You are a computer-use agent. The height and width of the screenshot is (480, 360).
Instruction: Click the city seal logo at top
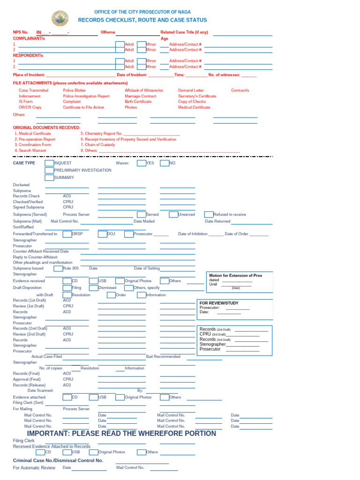click(x=60, y=19)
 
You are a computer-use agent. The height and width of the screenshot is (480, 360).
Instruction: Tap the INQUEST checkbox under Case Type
click(x=49, y=163)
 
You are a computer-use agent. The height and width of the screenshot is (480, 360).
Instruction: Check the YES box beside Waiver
click(x=141, y=163)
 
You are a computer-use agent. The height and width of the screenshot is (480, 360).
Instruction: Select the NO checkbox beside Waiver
click(x=164, y=163)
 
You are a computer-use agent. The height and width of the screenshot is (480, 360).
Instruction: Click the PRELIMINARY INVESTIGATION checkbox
click(x=49, y=170)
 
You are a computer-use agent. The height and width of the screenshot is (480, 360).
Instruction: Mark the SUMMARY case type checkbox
click(x=49, y=178)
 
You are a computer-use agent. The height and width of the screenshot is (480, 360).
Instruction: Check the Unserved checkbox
click(x=173, y=214)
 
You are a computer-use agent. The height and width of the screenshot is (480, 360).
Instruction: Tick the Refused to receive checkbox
click(x=209, y=214)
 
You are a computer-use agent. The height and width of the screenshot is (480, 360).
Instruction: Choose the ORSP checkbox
click(x=67, y=233)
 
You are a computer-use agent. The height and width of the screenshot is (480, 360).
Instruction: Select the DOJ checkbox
click(x=103, y=233)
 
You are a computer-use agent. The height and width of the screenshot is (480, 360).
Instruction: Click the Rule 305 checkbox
click(x=58, y=269)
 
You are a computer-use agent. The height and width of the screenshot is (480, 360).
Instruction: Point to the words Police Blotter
click(x=75, y=90)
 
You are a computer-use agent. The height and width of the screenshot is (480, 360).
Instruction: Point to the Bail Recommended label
click(x=163, y=357)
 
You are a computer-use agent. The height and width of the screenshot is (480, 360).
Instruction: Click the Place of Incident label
click(x=29, y=75)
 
